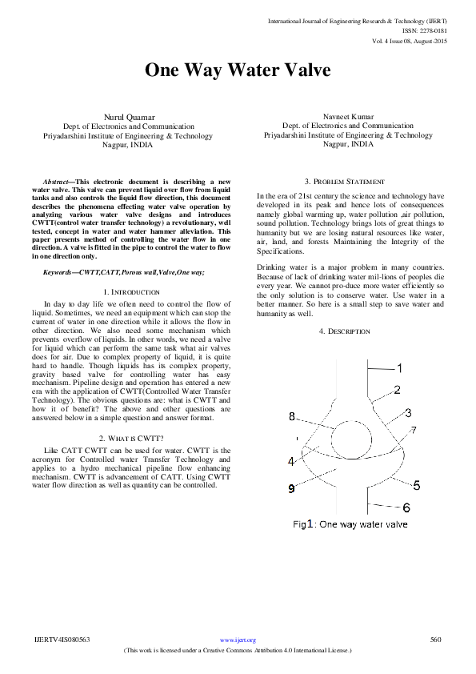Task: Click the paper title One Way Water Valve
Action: pos(237,70)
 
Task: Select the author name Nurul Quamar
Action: pos(118,117)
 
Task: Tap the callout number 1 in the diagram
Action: pos(400,367)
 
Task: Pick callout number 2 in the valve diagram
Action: pos(396,390)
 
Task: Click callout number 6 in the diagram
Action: pos(406,508)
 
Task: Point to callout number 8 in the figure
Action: pos(292,416)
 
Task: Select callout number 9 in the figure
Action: pos(291,487)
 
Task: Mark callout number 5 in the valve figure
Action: pos(416,485)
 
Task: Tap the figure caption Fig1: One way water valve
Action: pos(350,524)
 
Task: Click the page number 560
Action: pos(435,640)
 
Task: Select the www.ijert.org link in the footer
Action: pos(238,640)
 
